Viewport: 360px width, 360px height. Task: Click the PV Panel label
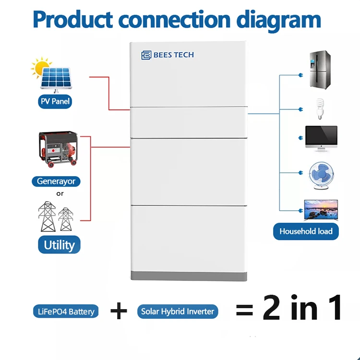point(55,102)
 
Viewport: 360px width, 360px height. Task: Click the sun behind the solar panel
point(40,67)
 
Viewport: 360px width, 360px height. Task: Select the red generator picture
point(58,150)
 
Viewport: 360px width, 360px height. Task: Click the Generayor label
point(56,181)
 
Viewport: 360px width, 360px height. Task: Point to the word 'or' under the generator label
point(60,193)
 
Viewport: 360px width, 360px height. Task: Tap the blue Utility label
point(59,245)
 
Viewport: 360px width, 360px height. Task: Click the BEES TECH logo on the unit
point(168,55)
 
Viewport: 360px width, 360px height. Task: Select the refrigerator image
point(319,70)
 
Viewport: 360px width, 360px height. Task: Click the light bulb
point(318,109)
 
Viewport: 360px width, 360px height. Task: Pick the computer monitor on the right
point(321,138)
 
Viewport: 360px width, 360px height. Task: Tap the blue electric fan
point(320,173)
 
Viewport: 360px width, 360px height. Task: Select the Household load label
point(306,231)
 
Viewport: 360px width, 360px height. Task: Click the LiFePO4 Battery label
point(66,312)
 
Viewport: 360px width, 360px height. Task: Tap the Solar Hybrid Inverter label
point(178,312)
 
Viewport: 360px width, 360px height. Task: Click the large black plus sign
point(119,311)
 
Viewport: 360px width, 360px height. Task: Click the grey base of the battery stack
point(190,276)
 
